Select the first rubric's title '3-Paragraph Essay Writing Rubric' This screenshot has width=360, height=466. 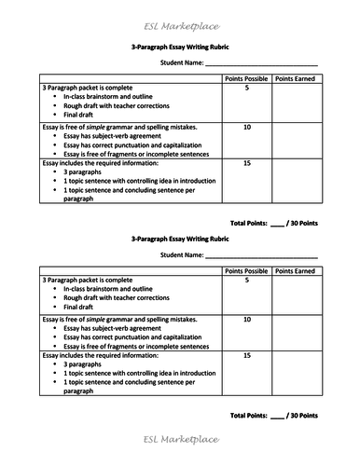180,47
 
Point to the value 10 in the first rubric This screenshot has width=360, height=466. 246,126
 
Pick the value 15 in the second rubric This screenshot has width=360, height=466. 246,355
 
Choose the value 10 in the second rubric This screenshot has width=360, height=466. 246,318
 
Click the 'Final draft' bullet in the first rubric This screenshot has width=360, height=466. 83,115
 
